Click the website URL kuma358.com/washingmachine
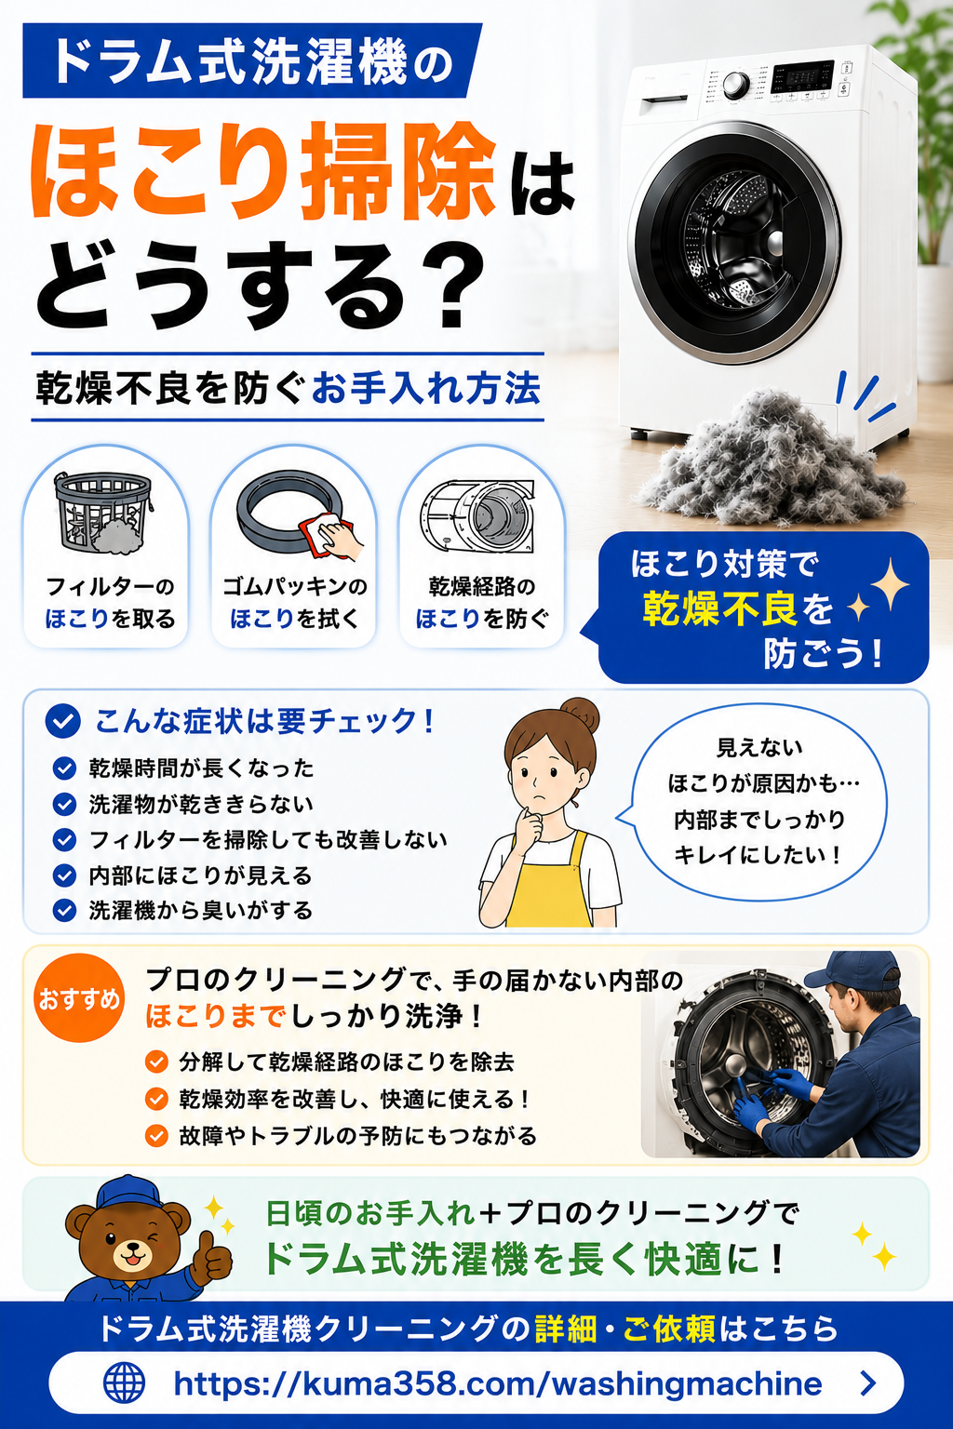point(497,1383)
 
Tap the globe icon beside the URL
point(124,1383)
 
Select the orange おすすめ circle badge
point(78,998)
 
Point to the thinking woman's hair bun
point(580,715)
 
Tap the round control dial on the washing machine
point(736,86)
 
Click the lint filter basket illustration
point(103,513)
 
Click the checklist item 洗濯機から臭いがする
point(200,911)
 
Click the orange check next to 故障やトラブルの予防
point(156,1136)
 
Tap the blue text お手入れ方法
point(426,389)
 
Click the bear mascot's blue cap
point(128,1193)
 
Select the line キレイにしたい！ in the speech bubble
point(758,855)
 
